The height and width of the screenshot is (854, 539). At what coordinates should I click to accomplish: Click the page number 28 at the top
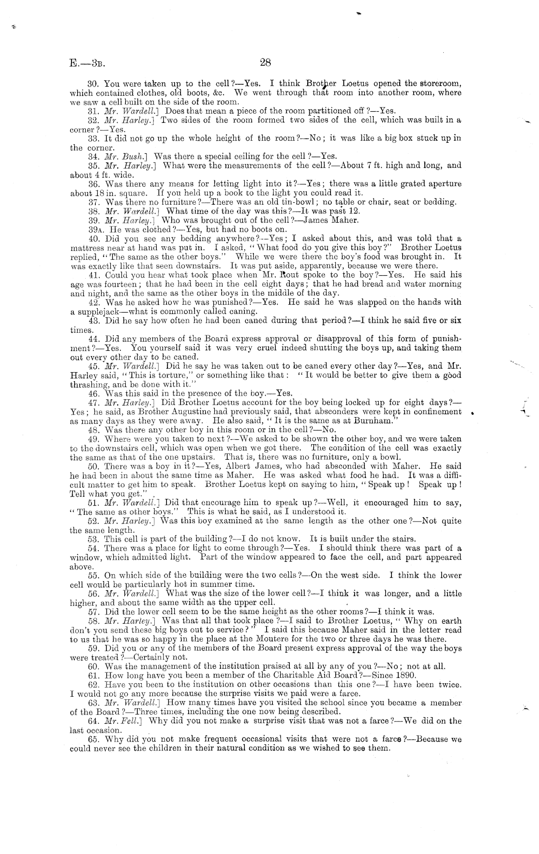265,62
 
